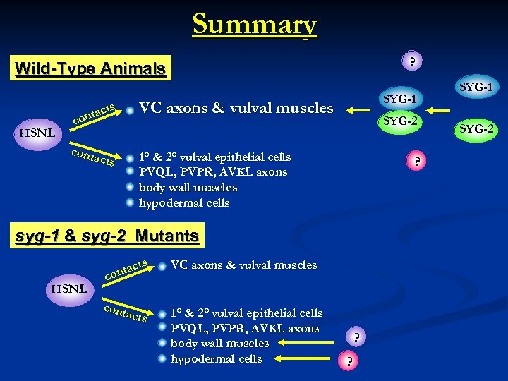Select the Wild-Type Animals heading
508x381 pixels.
click(x=90, y=69)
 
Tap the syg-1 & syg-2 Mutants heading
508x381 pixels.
click(x=108, y=236)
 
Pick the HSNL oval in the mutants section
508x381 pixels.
click(x=68, y=289)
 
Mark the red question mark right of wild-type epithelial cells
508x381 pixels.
click(x=418, y=162)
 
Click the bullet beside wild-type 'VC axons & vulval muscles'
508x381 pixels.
click(x=131, y=109)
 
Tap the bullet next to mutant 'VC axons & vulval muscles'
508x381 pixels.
click(x=162, y=267)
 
